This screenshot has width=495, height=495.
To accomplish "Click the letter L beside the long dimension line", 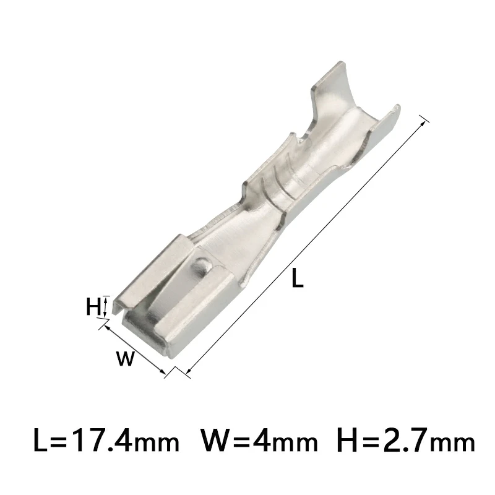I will [298, 279].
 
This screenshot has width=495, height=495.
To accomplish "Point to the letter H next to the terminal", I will [93, 306].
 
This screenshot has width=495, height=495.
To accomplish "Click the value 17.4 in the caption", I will [99, 442].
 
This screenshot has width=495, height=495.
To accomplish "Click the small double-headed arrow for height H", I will [105, 306].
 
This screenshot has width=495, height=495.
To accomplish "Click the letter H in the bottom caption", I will [348, 442].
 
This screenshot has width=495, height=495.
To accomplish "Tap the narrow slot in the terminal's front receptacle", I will [148, 303].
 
